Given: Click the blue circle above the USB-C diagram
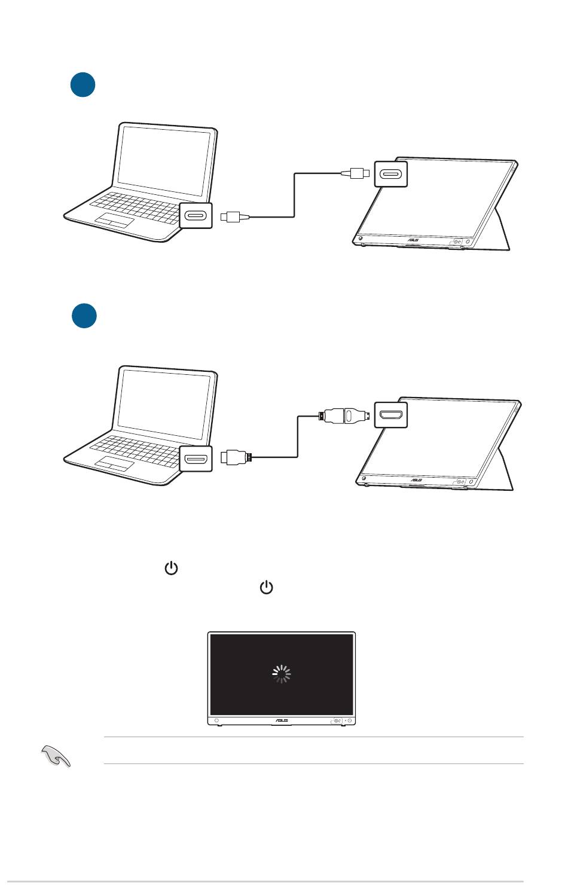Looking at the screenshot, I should click(x=83, y=85).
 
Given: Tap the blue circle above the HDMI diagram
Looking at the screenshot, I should click(x=84, y=316).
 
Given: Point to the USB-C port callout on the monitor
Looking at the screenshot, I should click(x=390, y=174).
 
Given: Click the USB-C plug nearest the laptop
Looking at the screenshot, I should click(x=231, y=216).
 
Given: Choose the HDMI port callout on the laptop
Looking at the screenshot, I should click(x=196, y=459).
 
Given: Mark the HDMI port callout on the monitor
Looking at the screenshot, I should click(x=390, y=414).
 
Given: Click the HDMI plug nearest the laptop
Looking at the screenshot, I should click(x=236, y=459).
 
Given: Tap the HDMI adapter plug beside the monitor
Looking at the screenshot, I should click(x=346, y=414).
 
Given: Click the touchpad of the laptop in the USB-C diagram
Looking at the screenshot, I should click(x=114, y=219).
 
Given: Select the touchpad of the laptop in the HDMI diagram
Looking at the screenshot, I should click(x=114, y=462).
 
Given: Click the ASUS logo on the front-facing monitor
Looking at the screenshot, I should click(x=281, y=720).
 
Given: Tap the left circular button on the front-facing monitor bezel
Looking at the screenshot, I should click(x=216, y=720).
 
